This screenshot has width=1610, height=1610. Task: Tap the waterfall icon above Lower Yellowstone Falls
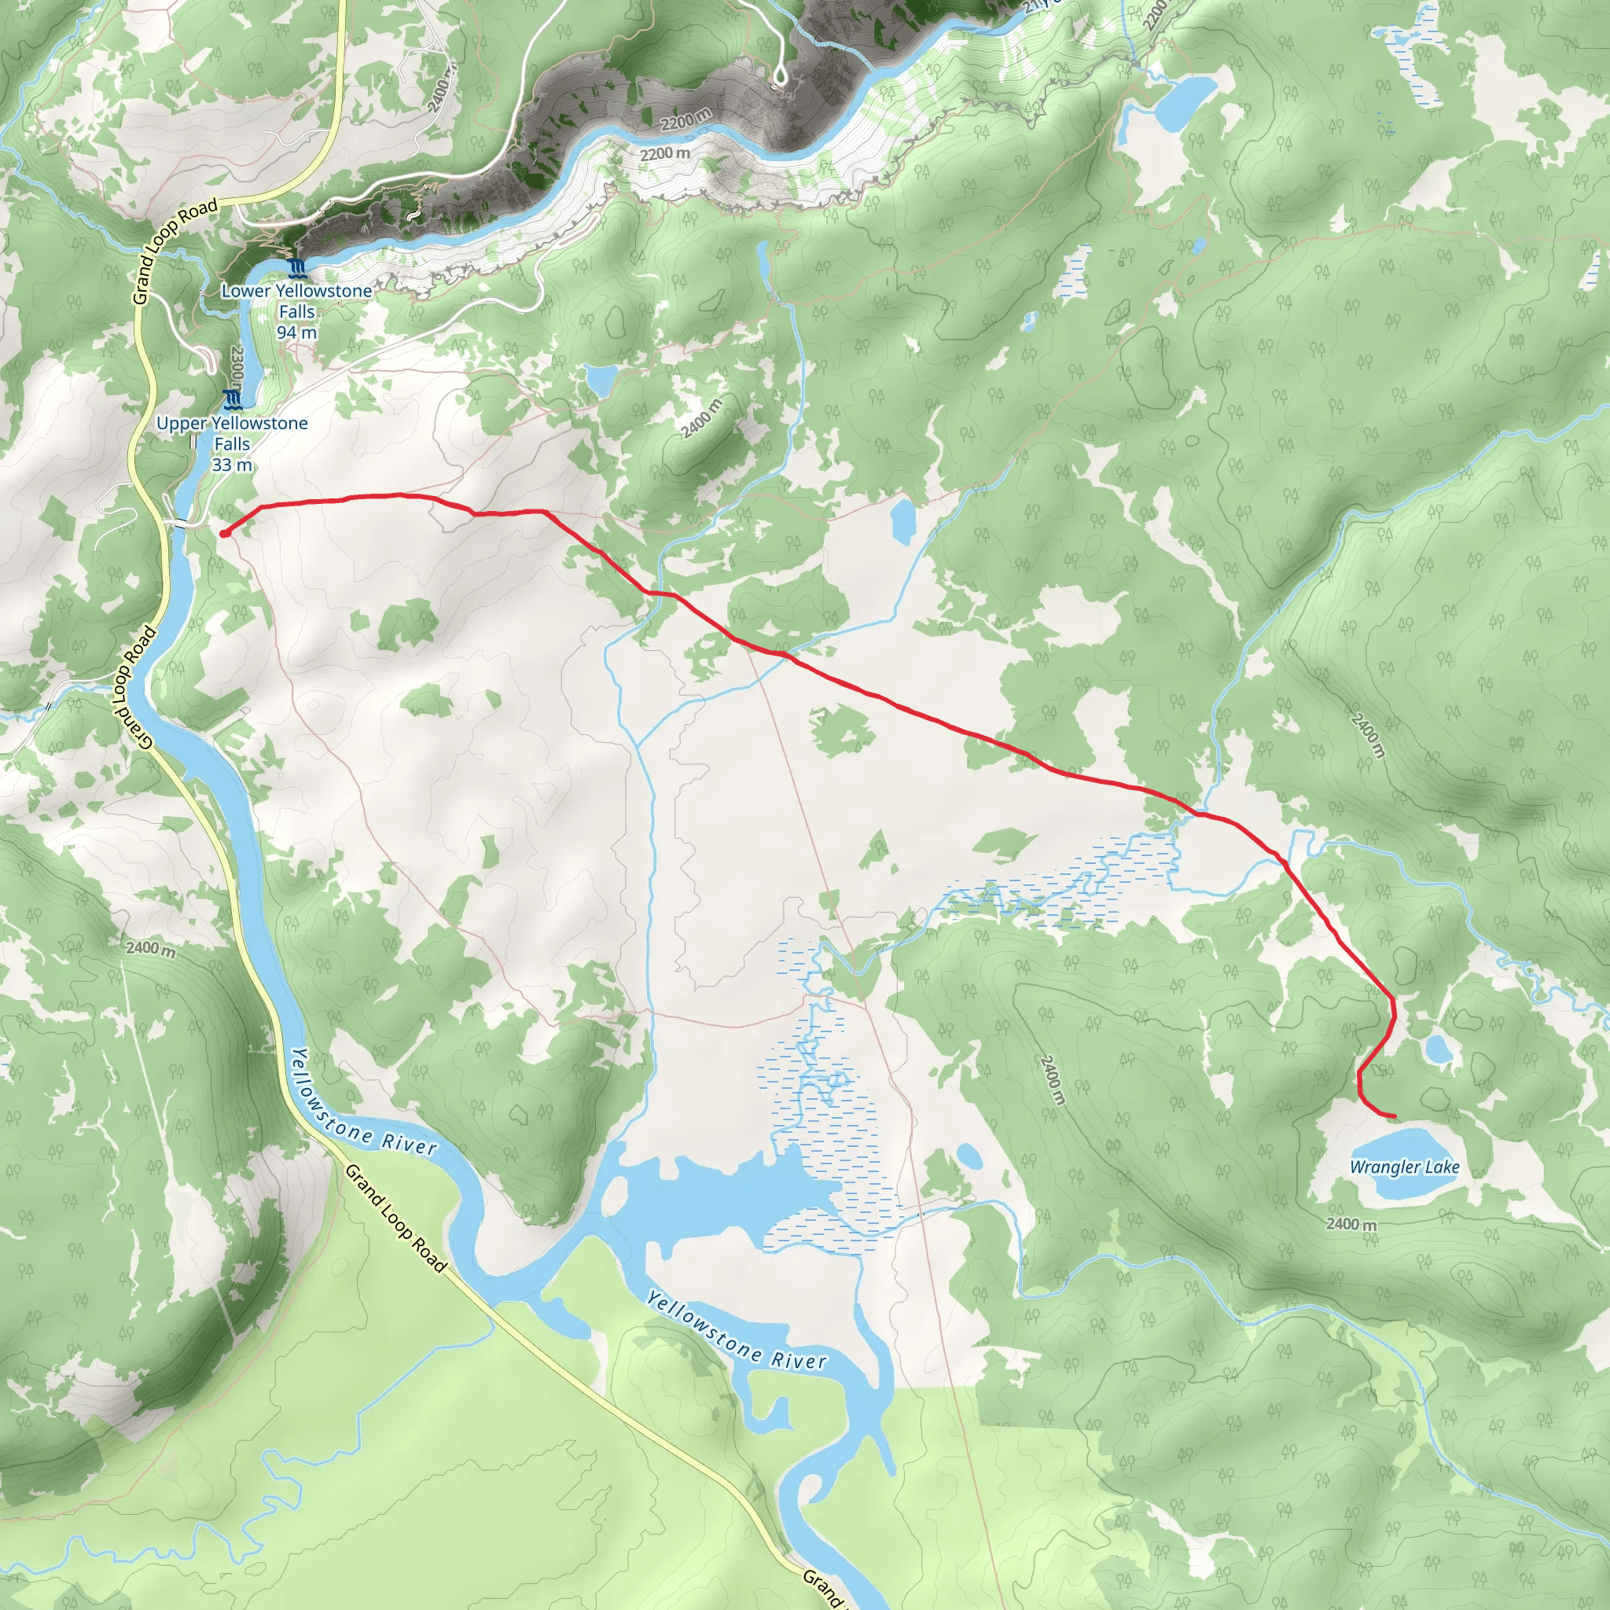296,267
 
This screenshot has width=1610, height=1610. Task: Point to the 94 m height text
296,333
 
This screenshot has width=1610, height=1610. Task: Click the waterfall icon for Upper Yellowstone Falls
232,399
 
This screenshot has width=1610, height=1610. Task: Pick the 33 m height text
232,465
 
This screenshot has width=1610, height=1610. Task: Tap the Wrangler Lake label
1404,1167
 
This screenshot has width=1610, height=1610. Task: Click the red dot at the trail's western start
225,533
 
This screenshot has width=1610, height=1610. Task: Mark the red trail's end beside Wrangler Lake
1393,1116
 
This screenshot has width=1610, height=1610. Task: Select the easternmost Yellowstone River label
737,1332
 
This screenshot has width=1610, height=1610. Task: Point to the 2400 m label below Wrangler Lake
1351,1224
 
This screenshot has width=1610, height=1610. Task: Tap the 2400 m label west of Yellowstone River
151,948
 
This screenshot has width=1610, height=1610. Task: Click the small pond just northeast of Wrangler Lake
1439,1049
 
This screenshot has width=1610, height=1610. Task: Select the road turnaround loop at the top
780,79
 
